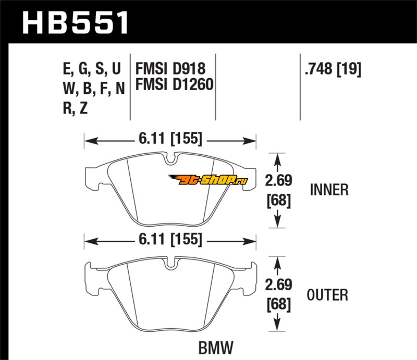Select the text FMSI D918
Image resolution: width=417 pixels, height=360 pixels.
[170, 68]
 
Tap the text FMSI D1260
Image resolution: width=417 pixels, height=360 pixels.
[175, 83]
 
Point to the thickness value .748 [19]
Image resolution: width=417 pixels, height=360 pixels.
[333, 68]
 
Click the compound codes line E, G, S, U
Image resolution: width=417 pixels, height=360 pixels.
[91, 68]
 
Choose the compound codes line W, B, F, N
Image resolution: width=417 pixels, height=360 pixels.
[93, 89]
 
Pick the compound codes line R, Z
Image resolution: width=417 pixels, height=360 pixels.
[76, 109]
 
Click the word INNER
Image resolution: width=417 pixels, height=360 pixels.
[329, 190]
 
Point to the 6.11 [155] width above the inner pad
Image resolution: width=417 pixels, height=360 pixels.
[170, 139]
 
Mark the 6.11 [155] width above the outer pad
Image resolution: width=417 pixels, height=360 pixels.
[170, 240]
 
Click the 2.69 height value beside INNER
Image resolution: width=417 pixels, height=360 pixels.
[278, 181]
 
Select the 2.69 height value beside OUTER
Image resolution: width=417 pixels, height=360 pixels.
[278, 285]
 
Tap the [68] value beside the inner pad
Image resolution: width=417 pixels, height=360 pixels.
[278, 200]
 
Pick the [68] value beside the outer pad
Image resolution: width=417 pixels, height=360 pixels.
[278, 304]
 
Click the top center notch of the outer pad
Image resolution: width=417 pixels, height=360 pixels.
[170, 264]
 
